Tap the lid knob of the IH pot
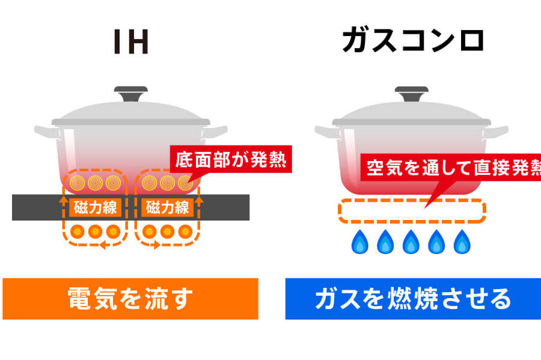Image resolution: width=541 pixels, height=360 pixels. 131,94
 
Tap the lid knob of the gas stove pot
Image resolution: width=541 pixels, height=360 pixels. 411,94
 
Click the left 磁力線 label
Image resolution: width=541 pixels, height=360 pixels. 96,207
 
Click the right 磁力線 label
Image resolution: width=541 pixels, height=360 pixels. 167,207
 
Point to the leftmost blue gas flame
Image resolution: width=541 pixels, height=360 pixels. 360,242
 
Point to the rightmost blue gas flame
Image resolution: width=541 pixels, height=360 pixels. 461,242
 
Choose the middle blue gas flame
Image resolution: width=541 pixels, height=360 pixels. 411,242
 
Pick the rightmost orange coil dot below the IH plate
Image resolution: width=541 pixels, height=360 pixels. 185,231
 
